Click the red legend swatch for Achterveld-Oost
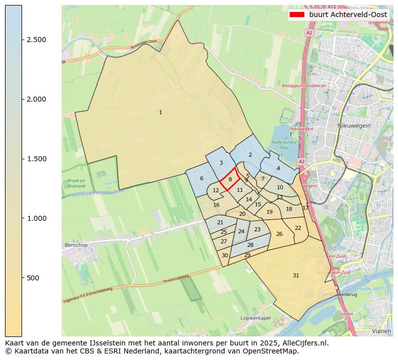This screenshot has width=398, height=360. (297, 15)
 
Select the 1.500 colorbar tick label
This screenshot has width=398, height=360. (37, 159)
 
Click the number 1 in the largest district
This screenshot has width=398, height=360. (160, 112)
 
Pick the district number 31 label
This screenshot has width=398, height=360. (296, 275)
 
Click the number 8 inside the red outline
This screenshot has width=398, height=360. (230, 179)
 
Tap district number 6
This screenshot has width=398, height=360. (202, 178)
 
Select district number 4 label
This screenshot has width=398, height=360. (278, 168)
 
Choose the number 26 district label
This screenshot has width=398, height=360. (279, 234)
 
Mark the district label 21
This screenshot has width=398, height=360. (220, 222)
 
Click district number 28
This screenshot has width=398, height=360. (250, 245)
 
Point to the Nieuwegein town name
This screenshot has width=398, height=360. (354, 126)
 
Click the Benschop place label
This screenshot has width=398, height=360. (76, 245)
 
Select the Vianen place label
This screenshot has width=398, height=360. (381, 331)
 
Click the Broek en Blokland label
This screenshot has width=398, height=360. (76, 183)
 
